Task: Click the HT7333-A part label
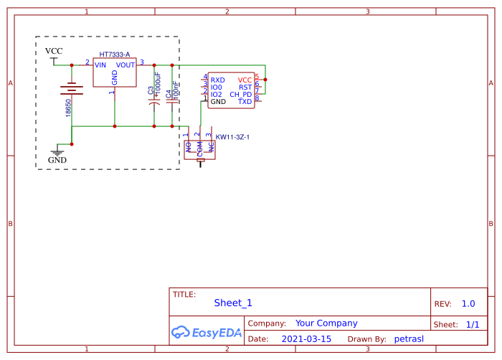pos(115,55)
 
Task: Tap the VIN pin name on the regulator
pos(100,65)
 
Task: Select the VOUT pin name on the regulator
pos(126,65)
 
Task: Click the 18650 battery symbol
pos(71,89)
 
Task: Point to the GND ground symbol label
pos(57,160)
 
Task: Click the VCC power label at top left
pos(54,51)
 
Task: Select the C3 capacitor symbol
pos(154,102)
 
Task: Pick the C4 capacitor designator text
pos(168,93)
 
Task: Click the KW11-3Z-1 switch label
pos(232,136)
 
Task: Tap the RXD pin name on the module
pos(218,80)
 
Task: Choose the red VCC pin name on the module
pos(245,80)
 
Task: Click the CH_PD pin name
pos(241,95)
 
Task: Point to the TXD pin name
pos(245,102)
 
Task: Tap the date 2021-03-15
pos(306,338)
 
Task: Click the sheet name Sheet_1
pos(233,303)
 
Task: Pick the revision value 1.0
pos(468,304)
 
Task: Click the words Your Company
pos(326,323)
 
